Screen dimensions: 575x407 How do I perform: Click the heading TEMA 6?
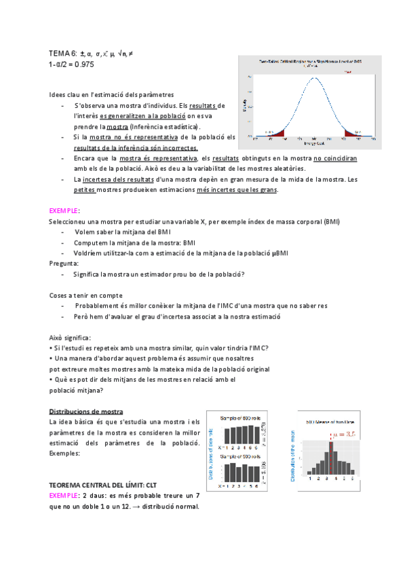(62, 53)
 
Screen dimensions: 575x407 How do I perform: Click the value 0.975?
(88, 64)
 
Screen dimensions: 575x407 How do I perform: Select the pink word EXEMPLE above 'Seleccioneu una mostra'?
(64, 211)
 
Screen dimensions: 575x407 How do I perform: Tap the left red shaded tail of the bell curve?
(275, 135)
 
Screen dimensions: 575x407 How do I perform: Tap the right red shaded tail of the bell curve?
(353, 134)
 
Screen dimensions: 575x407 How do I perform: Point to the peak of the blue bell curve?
(314, 77)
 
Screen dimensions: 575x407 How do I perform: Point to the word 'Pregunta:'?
(64, 263)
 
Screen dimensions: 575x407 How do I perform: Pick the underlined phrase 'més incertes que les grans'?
(236, 190)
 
